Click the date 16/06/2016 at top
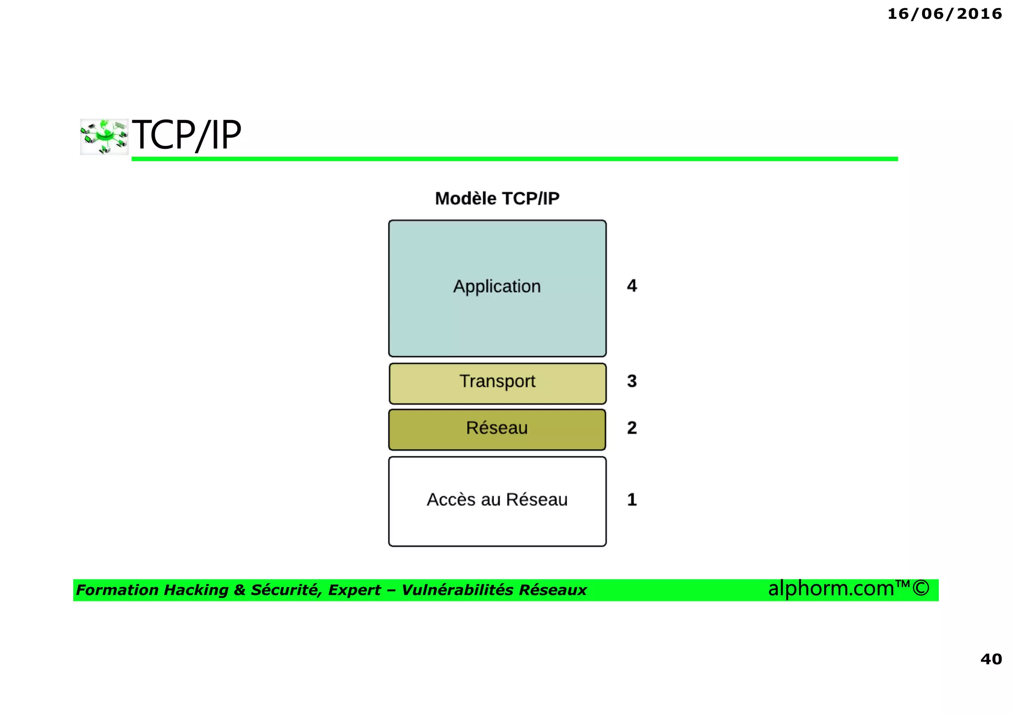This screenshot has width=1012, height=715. tap(944, 14)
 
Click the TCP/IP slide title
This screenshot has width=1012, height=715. tap(186, 135)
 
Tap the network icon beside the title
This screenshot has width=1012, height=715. tap(104, 136)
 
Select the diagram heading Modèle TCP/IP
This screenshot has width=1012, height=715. tap(497, 198)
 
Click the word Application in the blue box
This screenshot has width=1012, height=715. tap(497, 287)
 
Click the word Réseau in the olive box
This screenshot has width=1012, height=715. tap(497, 428)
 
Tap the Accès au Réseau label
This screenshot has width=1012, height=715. tap(497, 500)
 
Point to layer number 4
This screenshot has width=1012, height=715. tap(632, 286)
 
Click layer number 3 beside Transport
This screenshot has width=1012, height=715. tap(632, 381)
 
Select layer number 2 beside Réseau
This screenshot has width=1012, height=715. tap(632, 427)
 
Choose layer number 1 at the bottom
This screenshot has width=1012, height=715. tap(632, 500)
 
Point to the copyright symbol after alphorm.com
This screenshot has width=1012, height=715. tap(921, 588)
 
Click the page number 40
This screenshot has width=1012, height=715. tap(991, 659)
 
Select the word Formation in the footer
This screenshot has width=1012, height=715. tap(118, 590)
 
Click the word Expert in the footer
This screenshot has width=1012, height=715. tap(354, 590)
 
